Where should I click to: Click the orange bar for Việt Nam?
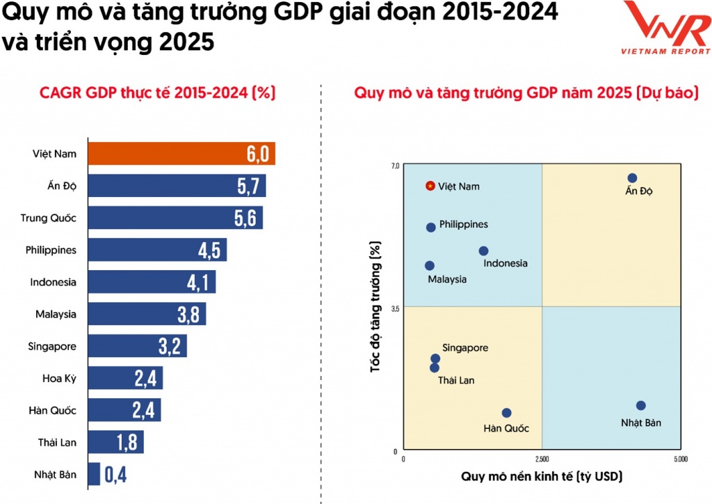coord(181,154)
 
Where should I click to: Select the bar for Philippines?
coord(157,250)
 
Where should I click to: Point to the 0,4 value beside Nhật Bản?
coord(115,475)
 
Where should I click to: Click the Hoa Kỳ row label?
coord(59,378)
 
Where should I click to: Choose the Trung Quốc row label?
coord(49,218)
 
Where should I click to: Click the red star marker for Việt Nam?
coord(430,186)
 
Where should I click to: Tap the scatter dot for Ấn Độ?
coord(632,178)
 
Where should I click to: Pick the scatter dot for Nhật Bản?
coord(641,406)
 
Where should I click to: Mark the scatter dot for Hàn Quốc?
coord(506,413)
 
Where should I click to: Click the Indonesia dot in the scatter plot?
coord(484,251)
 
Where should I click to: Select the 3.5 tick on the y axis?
coord(396,307)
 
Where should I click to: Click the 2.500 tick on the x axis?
coord(542,460)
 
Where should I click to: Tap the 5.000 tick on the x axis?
coord(681,460)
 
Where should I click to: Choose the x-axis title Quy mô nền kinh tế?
coord(542,477)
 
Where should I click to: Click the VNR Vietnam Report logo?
coord(665,28)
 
